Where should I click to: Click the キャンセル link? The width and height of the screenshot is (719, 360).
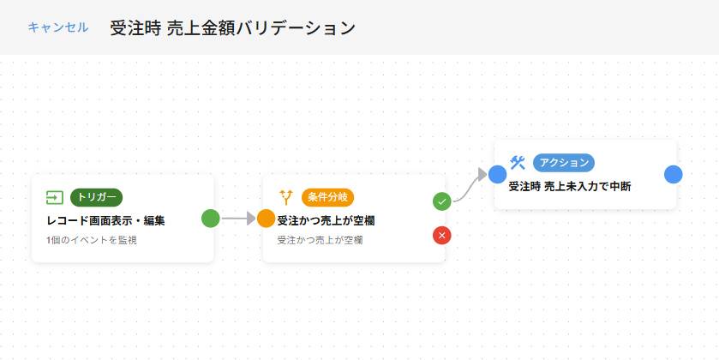pos(57,27)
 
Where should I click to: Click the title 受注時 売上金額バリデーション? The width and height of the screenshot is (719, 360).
pos(232,27)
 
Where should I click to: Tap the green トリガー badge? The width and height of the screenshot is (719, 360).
pos(96,197)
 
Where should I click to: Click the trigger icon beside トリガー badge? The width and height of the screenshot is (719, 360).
pos(55,197)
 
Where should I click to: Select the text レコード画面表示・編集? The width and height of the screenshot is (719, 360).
pos(105,220)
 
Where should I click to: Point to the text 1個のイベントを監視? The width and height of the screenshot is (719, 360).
pos(92,240)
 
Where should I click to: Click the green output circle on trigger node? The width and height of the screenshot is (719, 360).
pos(211,218)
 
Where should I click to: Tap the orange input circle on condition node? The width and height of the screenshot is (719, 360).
pos(267,218)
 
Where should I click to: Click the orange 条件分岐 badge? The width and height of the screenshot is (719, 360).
pos(327,197)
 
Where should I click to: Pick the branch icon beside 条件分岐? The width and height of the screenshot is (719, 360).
pos(286,197)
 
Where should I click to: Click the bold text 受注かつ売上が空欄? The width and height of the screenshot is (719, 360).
pos(326,220)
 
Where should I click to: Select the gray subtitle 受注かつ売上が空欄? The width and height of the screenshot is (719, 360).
pos(320,240)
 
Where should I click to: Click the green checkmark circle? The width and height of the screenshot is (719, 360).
pos(442,201)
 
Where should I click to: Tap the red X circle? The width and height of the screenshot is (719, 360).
pos(442,235)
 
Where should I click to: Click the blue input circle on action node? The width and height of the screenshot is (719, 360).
pos(498,175)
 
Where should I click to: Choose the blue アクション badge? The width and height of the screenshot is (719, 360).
pos(564,162)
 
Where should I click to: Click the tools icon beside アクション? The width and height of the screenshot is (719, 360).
pos(517,162)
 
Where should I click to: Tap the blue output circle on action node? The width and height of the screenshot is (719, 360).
pos(674,175)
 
